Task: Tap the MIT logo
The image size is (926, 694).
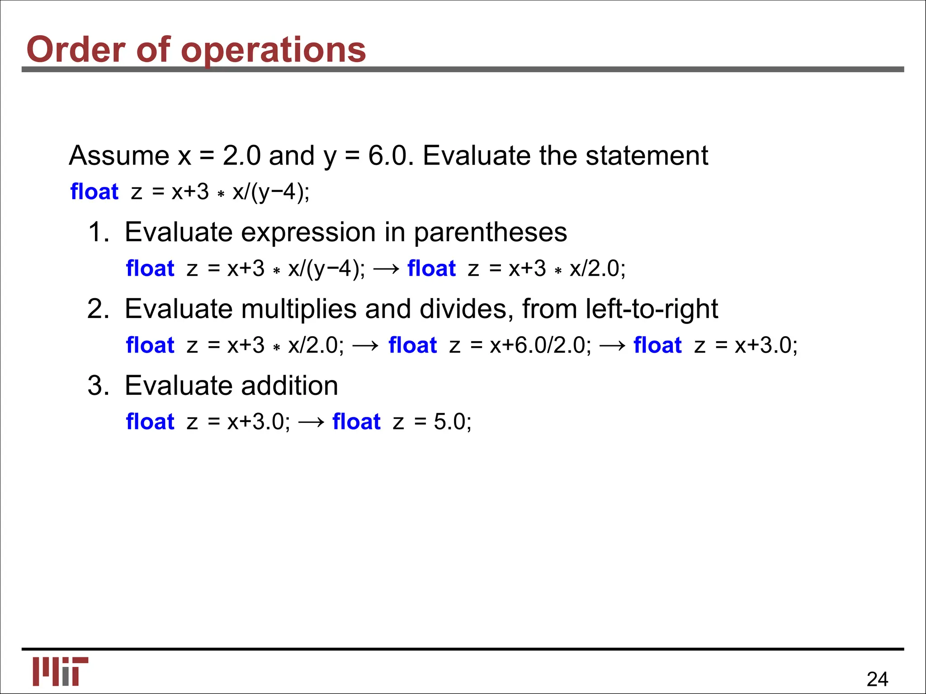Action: pos(60,671)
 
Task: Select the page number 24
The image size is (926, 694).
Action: pos(877,679)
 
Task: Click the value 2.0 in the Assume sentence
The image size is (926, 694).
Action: pos(241,156)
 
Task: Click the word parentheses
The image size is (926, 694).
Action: pos(490,233)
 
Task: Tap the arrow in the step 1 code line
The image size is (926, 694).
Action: pos(387,269)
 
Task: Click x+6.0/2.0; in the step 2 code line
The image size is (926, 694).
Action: pos(540,346)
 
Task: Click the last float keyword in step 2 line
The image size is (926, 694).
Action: pos(657,345)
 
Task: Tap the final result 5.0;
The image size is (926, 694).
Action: pos(453,422)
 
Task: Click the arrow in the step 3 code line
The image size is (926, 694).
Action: pos(312,422)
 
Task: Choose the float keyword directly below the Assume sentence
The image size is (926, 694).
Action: pos(94,192)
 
